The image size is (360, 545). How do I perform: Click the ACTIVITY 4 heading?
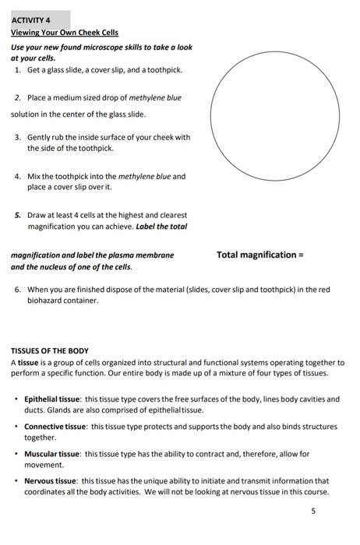pos(30,21)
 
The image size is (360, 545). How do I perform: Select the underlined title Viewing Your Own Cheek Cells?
pos(65,33)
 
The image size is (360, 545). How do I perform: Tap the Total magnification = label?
pos(259,255)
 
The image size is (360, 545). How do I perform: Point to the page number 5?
pos(312,512)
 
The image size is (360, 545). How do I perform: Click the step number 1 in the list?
pos(17,70)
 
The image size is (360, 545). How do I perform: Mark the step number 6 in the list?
pos(17,290)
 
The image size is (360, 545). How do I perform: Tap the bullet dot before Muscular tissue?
pos(16,454)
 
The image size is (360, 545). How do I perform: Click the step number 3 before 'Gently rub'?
pos(17,137)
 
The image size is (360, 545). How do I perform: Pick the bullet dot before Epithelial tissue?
pos(16,399)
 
